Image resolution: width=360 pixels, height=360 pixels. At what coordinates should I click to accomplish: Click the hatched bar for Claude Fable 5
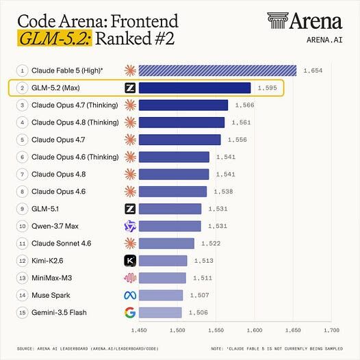(218, 70)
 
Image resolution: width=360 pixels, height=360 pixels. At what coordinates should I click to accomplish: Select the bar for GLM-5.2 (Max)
(194, 88)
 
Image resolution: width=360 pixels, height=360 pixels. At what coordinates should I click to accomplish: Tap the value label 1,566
(244, 105)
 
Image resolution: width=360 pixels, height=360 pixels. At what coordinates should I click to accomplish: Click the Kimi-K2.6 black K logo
(130, 261)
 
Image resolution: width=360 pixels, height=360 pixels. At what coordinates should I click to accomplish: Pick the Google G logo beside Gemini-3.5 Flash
(130, 313)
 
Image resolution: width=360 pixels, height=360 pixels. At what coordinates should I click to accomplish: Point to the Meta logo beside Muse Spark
(130, 295)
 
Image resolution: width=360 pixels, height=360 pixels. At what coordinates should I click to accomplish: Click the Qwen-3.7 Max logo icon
(130, 226)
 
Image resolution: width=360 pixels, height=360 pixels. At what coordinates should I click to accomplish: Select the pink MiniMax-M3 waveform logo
(130, 278)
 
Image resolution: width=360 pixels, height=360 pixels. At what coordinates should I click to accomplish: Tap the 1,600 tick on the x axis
(255, 330)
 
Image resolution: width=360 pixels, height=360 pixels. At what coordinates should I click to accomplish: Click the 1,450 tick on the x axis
(139, 330)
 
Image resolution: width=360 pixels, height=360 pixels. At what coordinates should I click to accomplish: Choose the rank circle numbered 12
(23, 261)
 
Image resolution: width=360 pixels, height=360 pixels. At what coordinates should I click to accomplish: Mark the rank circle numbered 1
(23, 70)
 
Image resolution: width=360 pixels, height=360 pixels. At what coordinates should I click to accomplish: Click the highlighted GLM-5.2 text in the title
(55, 38)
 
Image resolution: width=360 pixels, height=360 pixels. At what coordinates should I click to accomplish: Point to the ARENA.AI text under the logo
(324, 40)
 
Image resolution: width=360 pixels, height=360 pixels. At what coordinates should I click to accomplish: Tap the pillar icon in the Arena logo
(278, 21)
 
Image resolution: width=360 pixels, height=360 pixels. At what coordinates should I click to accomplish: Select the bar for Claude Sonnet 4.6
(166, 244)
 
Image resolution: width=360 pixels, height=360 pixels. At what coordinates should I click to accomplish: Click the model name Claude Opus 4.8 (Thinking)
(75, 123)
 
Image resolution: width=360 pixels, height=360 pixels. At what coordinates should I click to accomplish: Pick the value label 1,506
(198, 313)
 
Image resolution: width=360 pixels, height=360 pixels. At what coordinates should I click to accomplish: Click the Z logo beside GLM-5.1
(130, 209)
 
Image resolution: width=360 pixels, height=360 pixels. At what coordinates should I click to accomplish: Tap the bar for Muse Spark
(161, 295)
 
